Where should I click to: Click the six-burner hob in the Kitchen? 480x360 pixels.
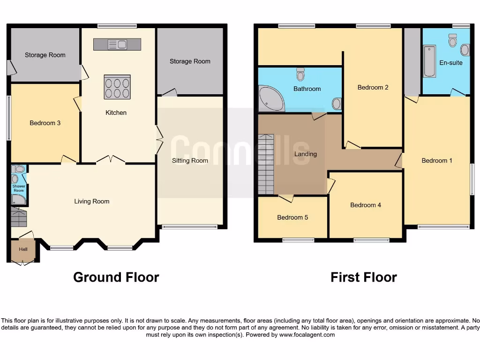click(x=117, y=87)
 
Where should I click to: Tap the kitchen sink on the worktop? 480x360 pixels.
click(x=117, y=45)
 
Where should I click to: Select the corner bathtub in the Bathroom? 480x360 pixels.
click(x=270, y=99)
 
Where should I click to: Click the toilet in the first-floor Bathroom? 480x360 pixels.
click(x=300, y=74)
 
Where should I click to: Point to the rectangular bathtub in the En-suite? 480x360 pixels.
click(x=429, y=61)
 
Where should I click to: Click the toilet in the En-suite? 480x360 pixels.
click(x=452, y=40)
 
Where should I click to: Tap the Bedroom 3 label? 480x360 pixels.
click(x=45, y=123)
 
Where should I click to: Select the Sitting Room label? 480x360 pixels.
click(x=190, y=161)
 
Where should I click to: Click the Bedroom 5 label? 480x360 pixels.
click(x=292, y=217)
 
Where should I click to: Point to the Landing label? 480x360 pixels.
click(x=306, y=154)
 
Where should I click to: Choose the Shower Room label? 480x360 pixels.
click(x=19, y=188)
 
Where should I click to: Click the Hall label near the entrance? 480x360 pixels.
click(x=23, y=249)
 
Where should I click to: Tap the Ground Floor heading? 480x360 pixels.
click(x=116, y=277)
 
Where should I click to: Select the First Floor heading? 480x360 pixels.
click(x=364, y=277)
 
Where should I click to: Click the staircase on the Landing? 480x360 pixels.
click(x=265, y=164)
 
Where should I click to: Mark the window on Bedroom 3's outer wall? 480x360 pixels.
click(x=8, y=118)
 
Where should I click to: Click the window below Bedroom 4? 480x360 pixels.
click(x=371, y=240)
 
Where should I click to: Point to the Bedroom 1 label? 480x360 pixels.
click(x=437, y=161)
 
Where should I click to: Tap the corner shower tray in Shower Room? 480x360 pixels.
click(x=18, y=200)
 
